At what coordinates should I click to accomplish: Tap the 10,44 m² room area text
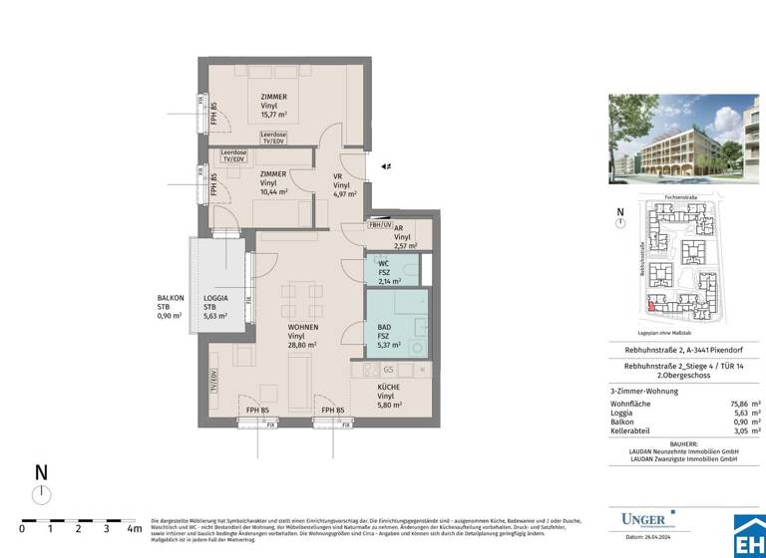pos(274,192)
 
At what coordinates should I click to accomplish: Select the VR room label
pos(338,176)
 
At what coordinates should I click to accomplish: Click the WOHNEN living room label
pos(303,326)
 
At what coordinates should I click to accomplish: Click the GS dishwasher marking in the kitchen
pos(388,369)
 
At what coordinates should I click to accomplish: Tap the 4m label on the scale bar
pos(135,529)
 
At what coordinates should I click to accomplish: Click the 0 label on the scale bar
pos(21,529)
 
